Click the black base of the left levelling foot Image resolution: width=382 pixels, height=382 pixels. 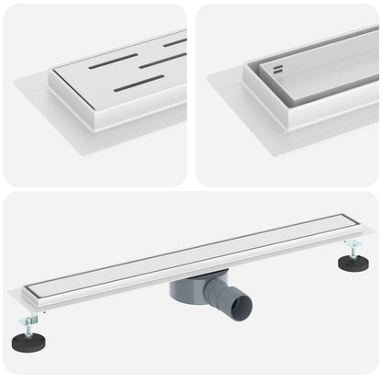coord(28,342)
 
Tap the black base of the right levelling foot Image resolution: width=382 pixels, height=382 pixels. coord(353,264)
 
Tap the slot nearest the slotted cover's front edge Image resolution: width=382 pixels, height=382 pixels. coord(139,84)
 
